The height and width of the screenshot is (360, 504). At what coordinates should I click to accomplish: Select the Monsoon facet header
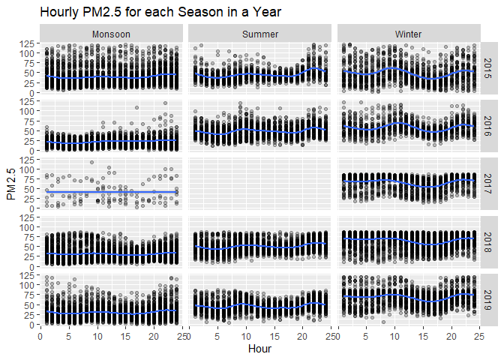(111, 34)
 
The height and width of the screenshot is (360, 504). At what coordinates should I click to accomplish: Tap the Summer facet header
(260, 34)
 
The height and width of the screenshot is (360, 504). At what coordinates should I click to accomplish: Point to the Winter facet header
(409, 34)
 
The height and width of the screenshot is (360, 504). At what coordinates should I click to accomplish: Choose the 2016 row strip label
(488, 125)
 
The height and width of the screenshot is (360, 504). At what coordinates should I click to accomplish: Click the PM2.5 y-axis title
(10, 184)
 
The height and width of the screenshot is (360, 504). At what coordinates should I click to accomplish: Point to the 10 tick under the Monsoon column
(97, 336)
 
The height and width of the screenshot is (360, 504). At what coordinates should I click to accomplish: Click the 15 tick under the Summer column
(274, 336)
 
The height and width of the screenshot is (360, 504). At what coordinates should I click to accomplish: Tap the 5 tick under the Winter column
(367, 336)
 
